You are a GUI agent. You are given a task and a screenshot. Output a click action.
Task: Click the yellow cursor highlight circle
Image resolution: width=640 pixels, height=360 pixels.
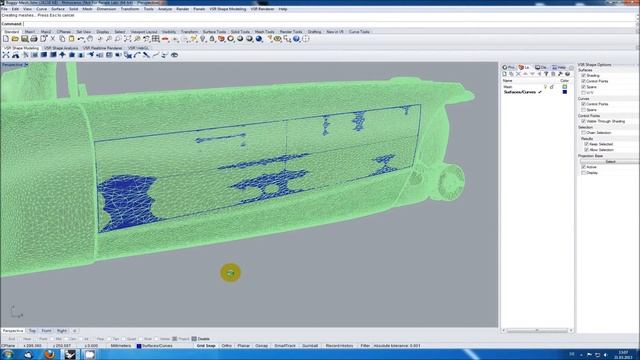pyautogui.click(x=231, y=272)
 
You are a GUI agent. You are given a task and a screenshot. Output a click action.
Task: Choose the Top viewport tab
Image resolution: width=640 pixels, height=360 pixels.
pyautogui.click(x=33, y=329)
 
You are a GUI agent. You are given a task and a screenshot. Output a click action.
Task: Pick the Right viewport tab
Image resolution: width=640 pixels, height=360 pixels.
pyautogui.click(x=62, y=329)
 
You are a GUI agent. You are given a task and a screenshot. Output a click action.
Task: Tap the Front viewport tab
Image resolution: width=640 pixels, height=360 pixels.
pyautogui.click(x=47, y=329)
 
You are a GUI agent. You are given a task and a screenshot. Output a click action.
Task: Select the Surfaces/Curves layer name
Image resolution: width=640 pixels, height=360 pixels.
pyautogui.click(x=519, y=92)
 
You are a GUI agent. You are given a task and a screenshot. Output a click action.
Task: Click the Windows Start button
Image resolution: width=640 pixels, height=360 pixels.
pyautogui.click(x=7, y=352)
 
